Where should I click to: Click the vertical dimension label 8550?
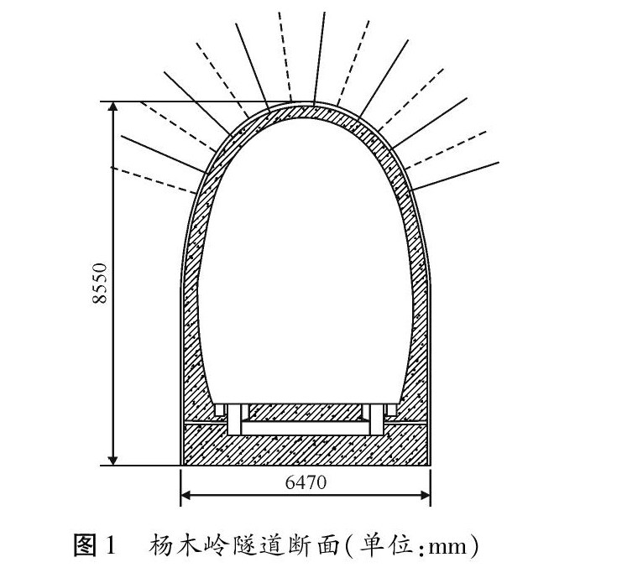98,284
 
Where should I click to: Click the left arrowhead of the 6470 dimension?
186,494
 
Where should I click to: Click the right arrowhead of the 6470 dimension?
426,494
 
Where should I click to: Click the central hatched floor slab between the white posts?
306,412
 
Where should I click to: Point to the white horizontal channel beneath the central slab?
306,428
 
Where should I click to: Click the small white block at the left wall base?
220,411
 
